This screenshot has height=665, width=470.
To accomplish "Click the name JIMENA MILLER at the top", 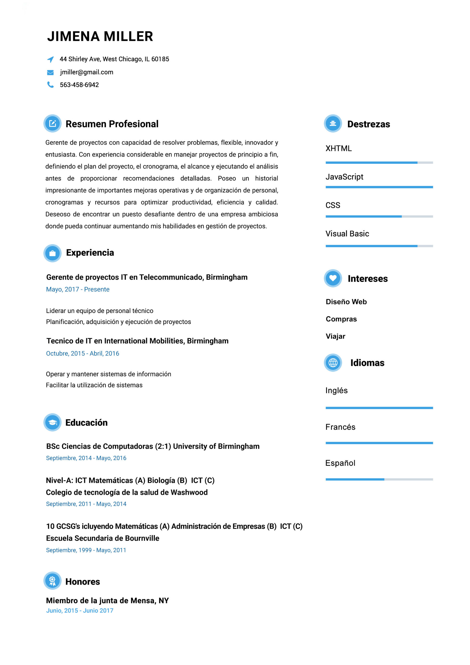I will [x=100, y=36].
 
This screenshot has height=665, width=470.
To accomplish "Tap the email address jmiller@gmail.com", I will [x=86, y=72].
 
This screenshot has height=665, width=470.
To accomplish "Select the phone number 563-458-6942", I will [x=79, y=85].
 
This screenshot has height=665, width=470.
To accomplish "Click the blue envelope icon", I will [x=50, y=72].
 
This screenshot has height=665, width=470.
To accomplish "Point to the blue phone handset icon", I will [x=50, y=85].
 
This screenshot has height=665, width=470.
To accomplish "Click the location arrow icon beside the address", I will [x=50, y=59].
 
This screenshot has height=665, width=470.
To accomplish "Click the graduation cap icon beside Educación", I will [x=52, y=423].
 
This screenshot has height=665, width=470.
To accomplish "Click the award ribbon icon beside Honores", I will [x=52, y=581].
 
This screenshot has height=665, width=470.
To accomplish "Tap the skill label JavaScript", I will [x=344, y=177].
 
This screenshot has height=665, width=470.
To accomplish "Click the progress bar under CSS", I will [x=379, y=216].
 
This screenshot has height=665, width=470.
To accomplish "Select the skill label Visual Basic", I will [x=347, y=234].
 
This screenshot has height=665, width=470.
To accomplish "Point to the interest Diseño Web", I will [x=346, y=302].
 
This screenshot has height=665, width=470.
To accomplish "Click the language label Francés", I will [x=340, y=427].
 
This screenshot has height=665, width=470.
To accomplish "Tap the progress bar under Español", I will [x=379, y=479].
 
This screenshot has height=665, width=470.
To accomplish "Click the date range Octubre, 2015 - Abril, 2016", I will [x=83, y=353].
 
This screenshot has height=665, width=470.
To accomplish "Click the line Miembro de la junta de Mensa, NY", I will [x=107, y=600].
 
